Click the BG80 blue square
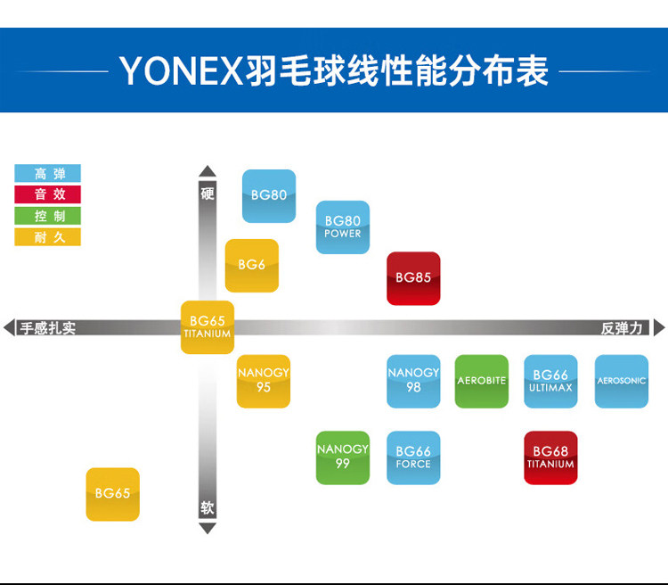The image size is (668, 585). [x=269, y=195]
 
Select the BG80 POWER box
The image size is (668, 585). [x=343, y=227]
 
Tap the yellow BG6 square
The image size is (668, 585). [x=252, y=265]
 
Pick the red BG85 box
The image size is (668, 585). [x=413, y=278]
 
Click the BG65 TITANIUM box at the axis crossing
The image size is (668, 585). [x=208, y=327]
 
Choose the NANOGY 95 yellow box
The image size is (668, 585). [x=264, y=381]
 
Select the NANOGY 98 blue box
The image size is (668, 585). [x=413, y=381]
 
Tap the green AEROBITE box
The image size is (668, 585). [x=482, y=381]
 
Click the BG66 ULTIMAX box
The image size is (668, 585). [x=550, y=381]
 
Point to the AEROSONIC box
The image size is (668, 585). [x=622, y=381]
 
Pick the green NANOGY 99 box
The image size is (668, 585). [x=343, y=457]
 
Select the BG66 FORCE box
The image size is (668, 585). [x=413, y=457]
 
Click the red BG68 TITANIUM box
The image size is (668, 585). [x=550, y=457]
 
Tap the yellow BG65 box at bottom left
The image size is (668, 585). [x=113, y=494]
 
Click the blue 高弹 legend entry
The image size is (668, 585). [x=48, y=173]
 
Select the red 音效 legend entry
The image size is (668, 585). [x=48, y=194]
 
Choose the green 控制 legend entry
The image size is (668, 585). [x=48, y=216]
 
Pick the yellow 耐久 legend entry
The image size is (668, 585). [x=48, y=237]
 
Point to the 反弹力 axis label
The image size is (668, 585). [x=622, y=328]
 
